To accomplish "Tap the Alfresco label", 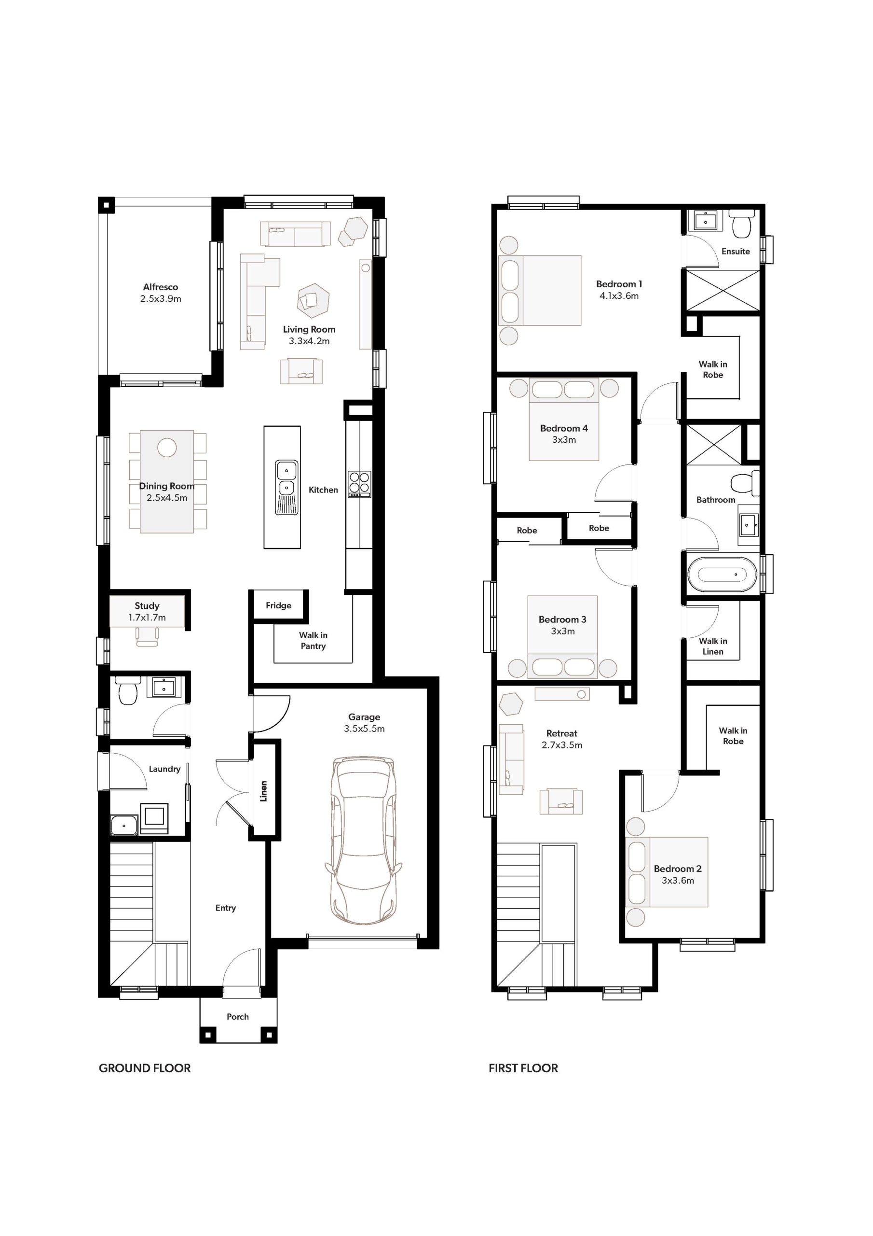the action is tap(160, 287).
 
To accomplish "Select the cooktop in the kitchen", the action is tap(359, 484).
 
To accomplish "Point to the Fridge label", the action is tap(279, 605).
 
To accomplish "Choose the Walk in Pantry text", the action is tap(313, 641).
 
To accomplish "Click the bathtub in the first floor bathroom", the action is tap(722, 575).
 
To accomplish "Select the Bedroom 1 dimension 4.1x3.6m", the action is tap(619, 295).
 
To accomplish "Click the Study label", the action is tap(147, 605).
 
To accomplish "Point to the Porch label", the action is tap(238, 1016).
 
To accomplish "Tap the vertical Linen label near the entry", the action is tap(263, 791).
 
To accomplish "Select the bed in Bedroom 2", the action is tap(668, 871).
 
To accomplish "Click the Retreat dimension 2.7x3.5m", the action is tap(562, 745).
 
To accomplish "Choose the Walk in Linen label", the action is tap(713, 646).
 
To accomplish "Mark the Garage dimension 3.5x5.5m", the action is tap(364, 729).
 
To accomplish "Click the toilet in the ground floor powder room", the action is tap(128, 691).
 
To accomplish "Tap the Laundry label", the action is tap(164, 769).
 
